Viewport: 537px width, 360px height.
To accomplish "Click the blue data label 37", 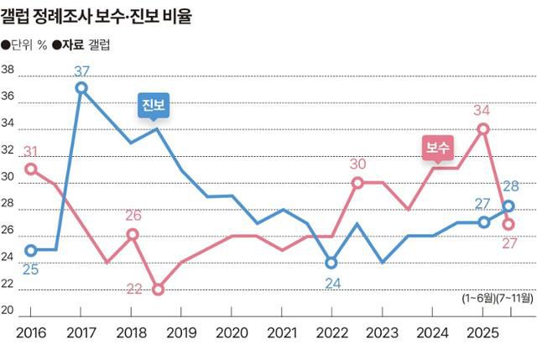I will point(81,70).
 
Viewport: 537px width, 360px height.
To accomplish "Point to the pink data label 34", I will point(482,110).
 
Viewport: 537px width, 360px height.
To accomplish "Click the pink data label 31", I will point(30,151).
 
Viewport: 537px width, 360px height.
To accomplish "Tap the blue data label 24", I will point(333,283).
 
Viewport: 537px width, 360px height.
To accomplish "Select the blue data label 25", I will point(29,269).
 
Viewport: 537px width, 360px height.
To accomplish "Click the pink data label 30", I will point(357,164).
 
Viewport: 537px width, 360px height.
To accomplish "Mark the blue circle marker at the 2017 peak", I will point(81,87).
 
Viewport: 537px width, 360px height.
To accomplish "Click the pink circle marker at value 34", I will point(483,129).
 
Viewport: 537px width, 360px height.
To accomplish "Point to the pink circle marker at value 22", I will point(158,290).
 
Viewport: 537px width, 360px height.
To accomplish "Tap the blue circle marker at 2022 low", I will point(331,263).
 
